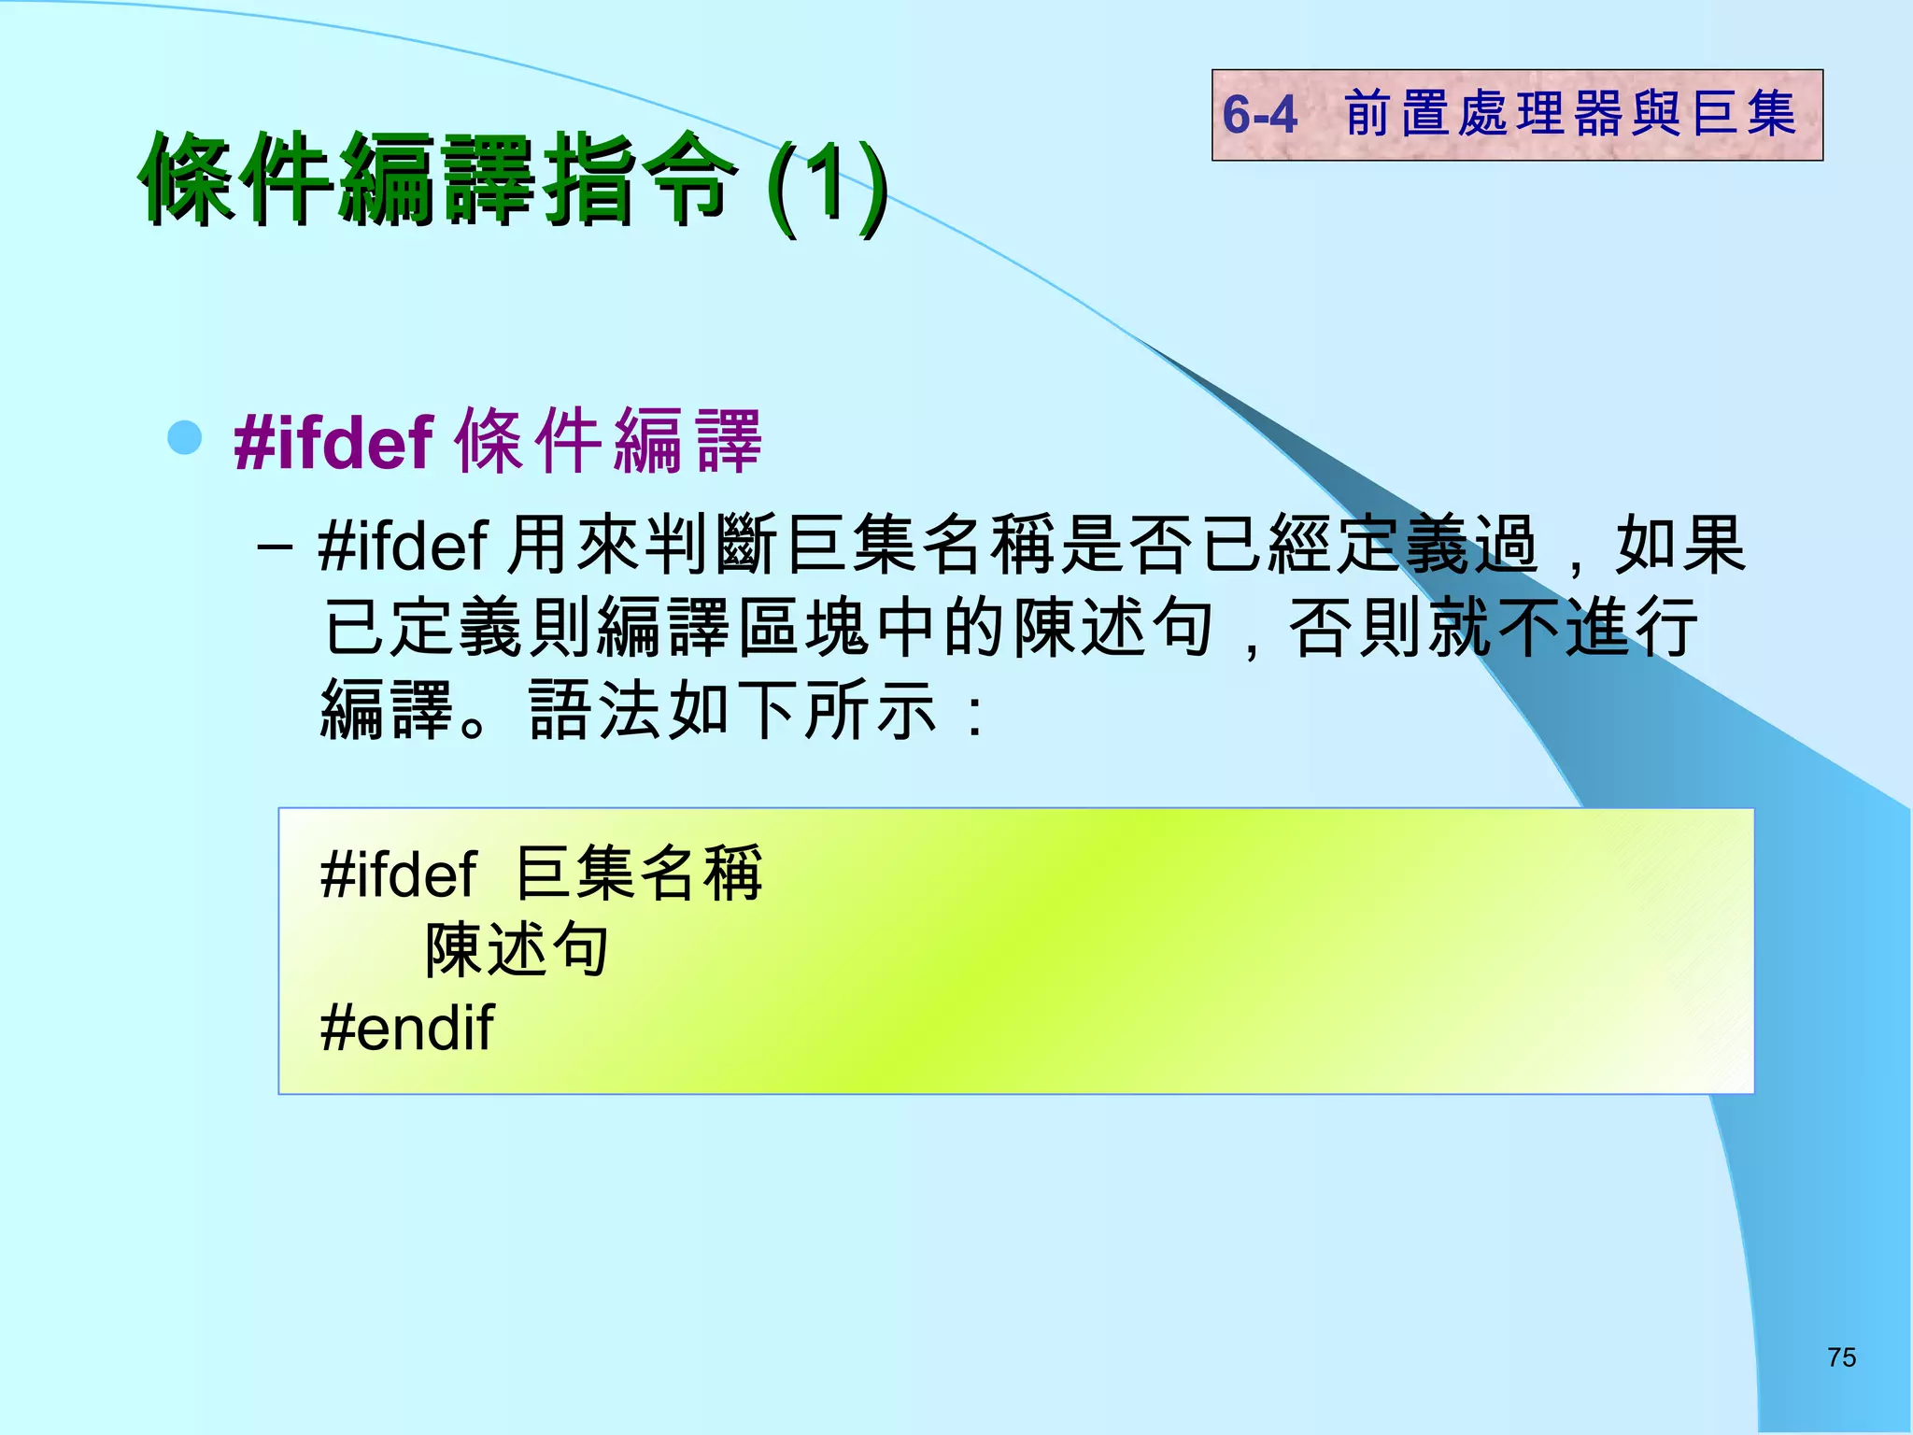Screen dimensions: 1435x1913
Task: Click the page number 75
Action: pyautogui.click(x=1841, y=1357)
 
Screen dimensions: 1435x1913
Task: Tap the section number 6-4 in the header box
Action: pyautogui.click(x=1259, y=115)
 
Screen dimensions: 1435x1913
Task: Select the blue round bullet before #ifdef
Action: pyautogui.click(x=185, y=437)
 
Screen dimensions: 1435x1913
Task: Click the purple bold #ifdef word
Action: pyautogui.click(x=333, y=442)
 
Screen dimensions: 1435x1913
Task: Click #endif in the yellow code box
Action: pyautogui.click(x=406, y=1028)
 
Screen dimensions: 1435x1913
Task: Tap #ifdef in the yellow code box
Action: pyautogui.click(x=399, y=874)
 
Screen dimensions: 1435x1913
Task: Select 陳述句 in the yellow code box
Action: pyautogui.click(x=517, y=950)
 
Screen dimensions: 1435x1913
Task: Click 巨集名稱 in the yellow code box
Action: pyautogui.click(x=639, y=874)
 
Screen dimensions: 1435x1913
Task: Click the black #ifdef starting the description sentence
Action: pyautogui.click(x=403, y=546)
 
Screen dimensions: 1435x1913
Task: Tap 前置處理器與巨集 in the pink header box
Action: pyautogui.click(x=1570, y=114)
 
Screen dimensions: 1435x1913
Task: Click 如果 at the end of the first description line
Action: pyautogui.click(x=1679, y=545)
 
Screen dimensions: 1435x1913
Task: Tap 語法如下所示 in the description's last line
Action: pyautogui.click(x=732, y=711)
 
